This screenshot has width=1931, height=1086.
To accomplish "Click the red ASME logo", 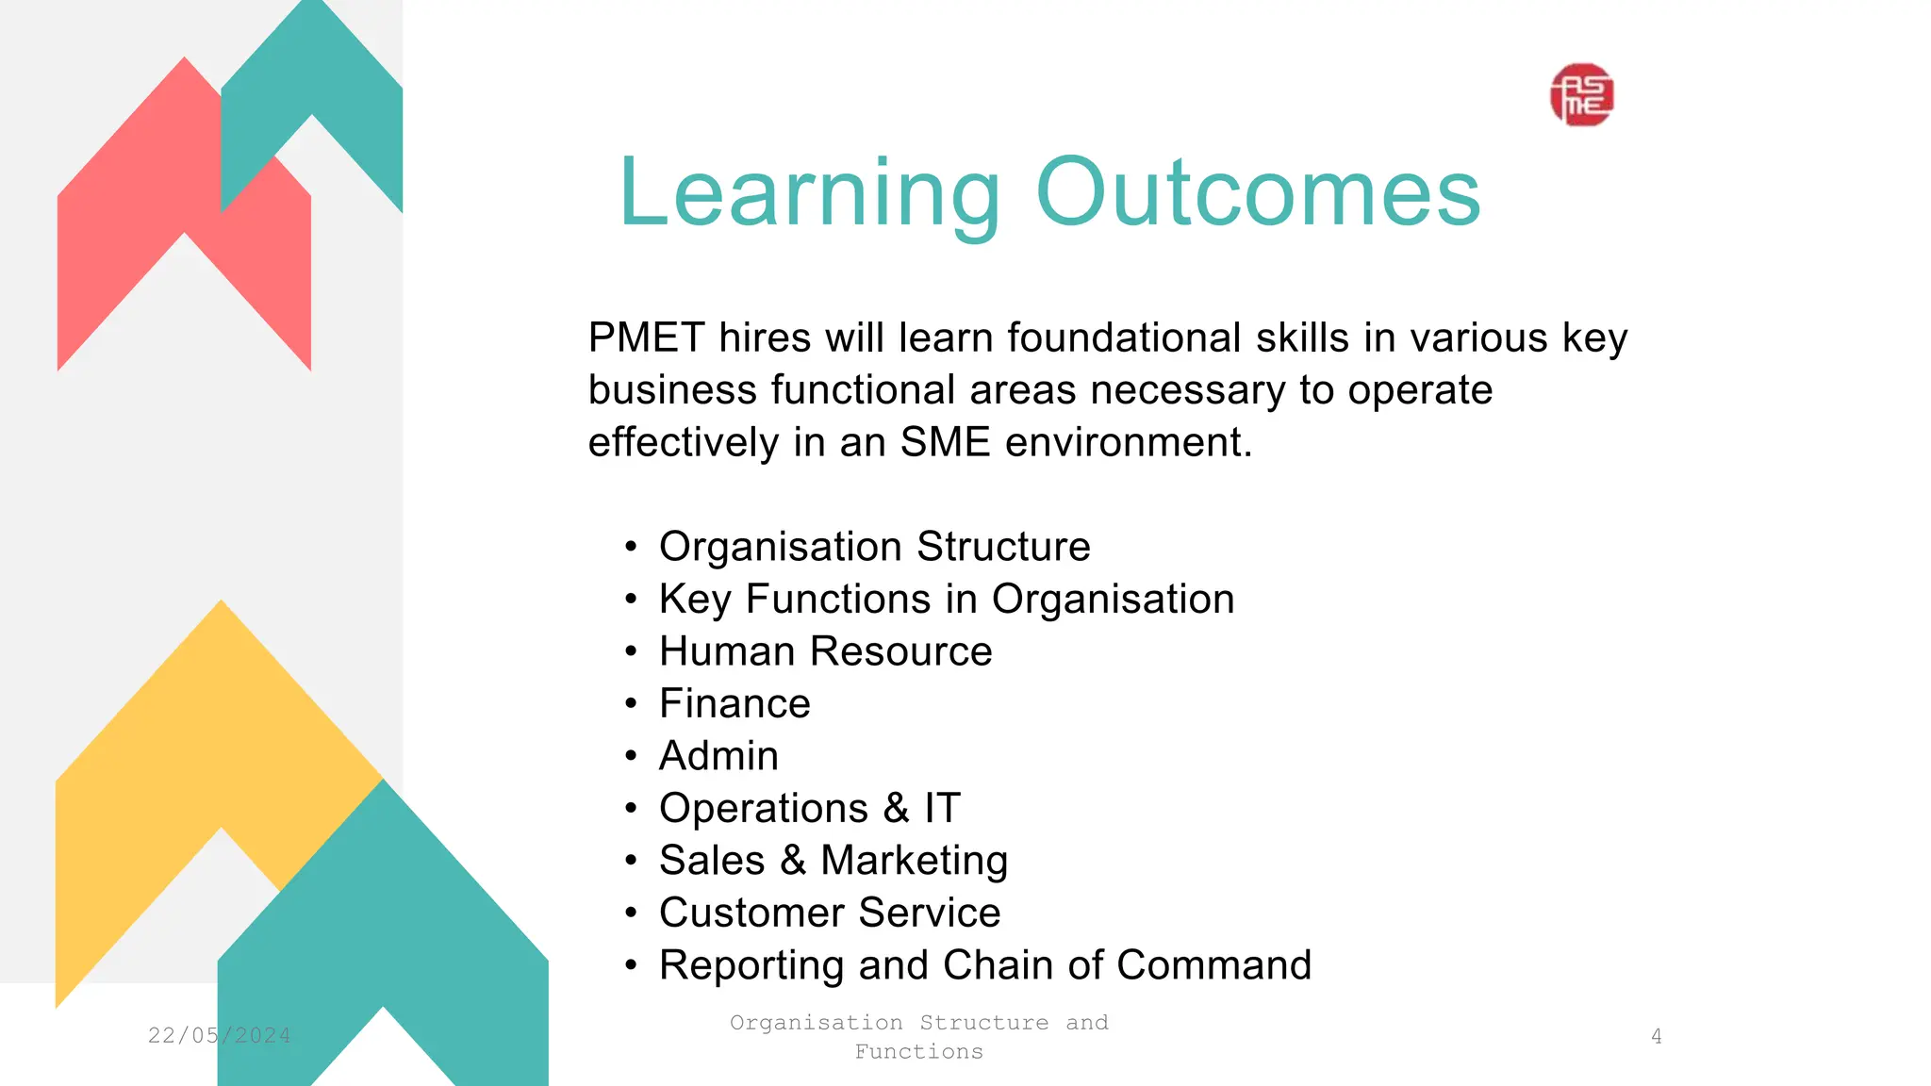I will pyautogui.click(x=1581, y=95).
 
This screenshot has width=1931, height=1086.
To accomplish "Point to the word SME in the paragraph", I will pyautogui.click(x=945, y=442).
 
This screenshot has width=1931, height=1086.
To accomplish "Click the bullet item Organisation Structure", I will pyautogui.click(x=874, y=547).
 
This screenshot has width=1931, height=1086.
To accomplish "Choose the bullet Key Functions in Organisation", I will pyautogui.click(x=946, y=600).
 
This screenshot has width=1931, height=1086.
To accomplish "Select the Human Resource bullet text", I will pyautogui.click(x=825, y=651).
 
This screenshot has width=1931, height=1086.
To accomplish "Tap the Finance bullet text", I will pyautogui.click(x=734, y=704).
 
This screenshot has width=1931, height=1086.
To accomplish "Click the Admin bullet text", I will pyautogui.click(x=718, y=756).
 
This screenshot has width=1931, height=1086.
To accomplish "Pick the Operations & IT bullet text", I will pyautogui.click(x=809, y=809).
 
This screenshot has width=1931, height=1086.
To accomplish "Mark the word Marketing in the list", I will pyautogui.click(x=914, y=861).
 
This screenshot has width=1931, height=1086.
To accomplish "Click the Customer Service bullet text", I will pyautogui.click(x=830, y=913).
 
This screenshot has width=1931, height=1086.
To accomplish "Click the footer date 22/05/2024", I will pyautogui.click(x=219, y=1035).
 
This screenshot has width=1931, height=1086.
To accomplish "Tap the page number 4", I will pyautogui.click(x=1656, y=1036).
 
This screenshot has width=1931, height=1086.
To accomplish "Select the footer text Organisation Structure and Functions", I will pyautogui.click(x=918, y=1036).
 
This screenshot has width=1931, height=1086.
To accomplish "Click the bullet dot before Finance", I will pyautogui.click(x=631, y=704).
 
